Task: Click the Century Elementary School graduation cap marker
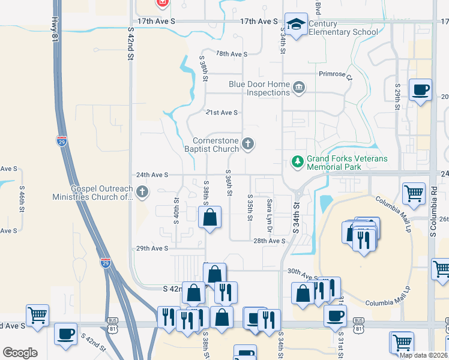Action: click(x=295, y=24)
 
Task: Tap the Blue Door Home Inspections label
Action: click(x=259, y=89)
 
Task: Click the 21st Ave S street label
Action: click(x=222, y=113)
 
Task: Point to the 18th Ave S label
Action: click(x=232, y=54)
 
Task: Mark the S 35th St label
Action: click(x=250, y=207)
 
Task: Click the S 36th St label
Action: click(x=229, y=184)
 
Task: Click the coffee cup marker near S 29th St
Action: click(x=420, y=90)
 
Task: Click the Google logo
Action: click(x=20, y=353)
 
